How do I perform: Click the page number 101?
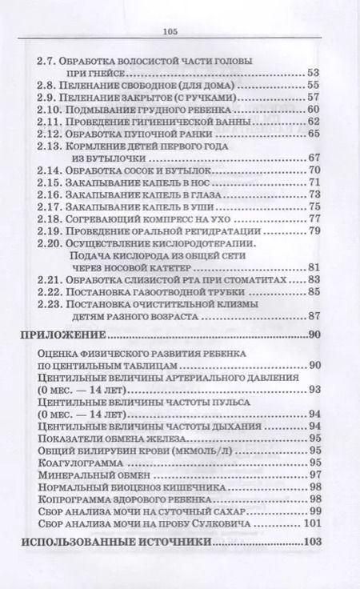click(312, 524)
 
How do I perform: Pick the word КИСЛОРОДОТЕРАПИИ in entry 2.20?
click(216, 242)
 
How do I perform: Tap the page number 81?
click(313, 267)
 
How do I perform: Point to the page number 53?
click(313, 73)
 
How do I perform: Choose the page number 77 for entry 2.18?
click(313, 218)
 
